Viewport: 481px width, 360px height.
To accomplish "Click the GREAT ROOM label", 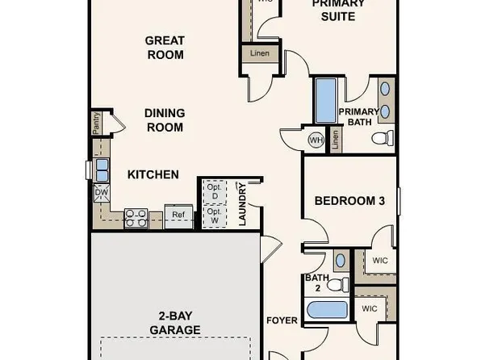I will click(165, 48).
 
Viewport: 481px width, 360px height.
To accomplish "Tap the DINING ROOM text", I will click(165, 120).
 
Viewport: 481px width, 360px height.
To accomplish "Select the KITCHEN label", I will click(153, 174).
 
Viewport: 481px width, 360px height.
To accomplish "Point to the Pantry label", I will click(95, 125).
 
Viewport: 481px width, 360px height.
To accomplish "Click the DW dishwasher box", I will click(101, 193).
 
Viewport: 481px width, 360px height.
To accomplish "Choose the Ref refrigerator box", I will click(178, 215).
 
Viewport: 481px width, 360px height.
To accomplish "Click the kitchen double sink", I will click(102, 170).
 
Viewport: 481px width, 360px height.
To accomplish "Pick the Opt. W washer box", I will click(214, 216).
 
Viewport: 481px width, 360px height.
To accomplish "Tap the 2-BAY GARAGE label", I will click(174, 323).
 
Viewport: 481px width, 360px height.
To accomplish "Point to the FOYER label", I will click(282, 320).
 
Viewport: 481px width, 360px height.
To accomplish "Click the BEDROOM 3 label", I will click(349, 200).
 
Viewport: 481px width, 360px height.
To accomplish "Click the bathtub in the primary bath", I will click(324, 100).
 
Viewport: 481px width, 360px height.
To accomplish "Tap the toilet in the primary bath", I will click(383, 138).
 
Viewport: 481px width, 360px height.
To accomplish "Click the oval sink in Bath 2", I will click(341, 261).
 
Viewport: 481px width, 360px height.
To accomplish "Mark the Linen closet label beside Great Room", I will click(260, 54).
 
